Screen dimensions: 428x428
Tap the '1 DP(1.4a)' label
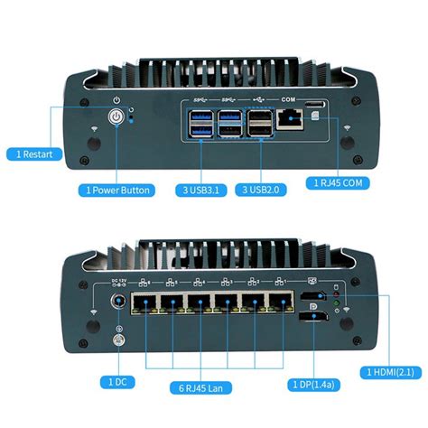(312, 383)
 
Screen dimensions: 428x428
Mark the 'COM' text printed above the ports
(289, 98)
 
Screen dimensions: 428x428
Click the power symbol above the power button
(116, 98)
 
